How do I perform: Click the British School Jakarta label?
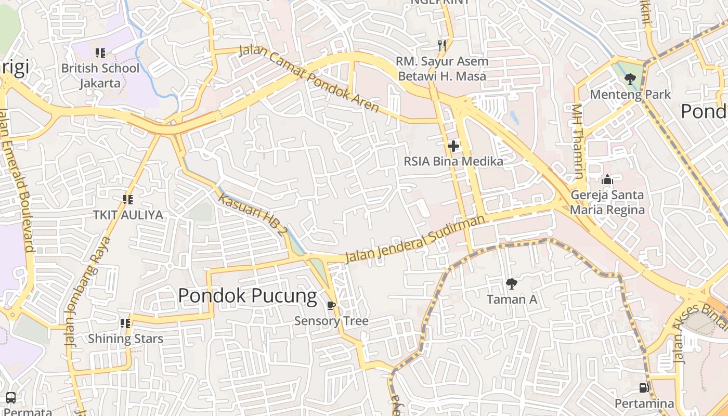click(100, 75)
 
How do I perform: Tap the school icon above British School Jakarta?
click(100, 53)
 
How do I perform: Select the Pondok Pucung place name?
click(247, 295)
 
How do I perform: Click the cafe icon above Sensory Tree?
click(331, 305)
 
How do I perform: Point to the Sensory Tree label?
click(331, 321)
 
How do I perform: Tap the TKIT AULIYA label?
click(128, 215)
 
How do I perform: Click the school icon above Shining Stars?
click(125, 323)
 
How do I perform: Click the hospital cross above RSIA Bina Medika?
click(453, 146)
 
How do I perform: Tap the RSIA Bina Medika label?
click(453, 162)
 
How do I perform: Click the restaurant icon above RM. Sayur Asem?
click(442, 46)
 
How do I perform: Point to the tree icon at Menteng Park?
click(630, 79)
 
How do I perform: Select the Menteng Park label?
click(630, 95)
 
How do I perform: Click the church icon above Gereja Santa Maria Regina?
click(607, 180)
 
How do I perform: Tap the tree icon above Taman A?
click(512, 283)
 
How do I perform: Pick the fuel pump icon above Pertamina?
click(644, 388)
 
